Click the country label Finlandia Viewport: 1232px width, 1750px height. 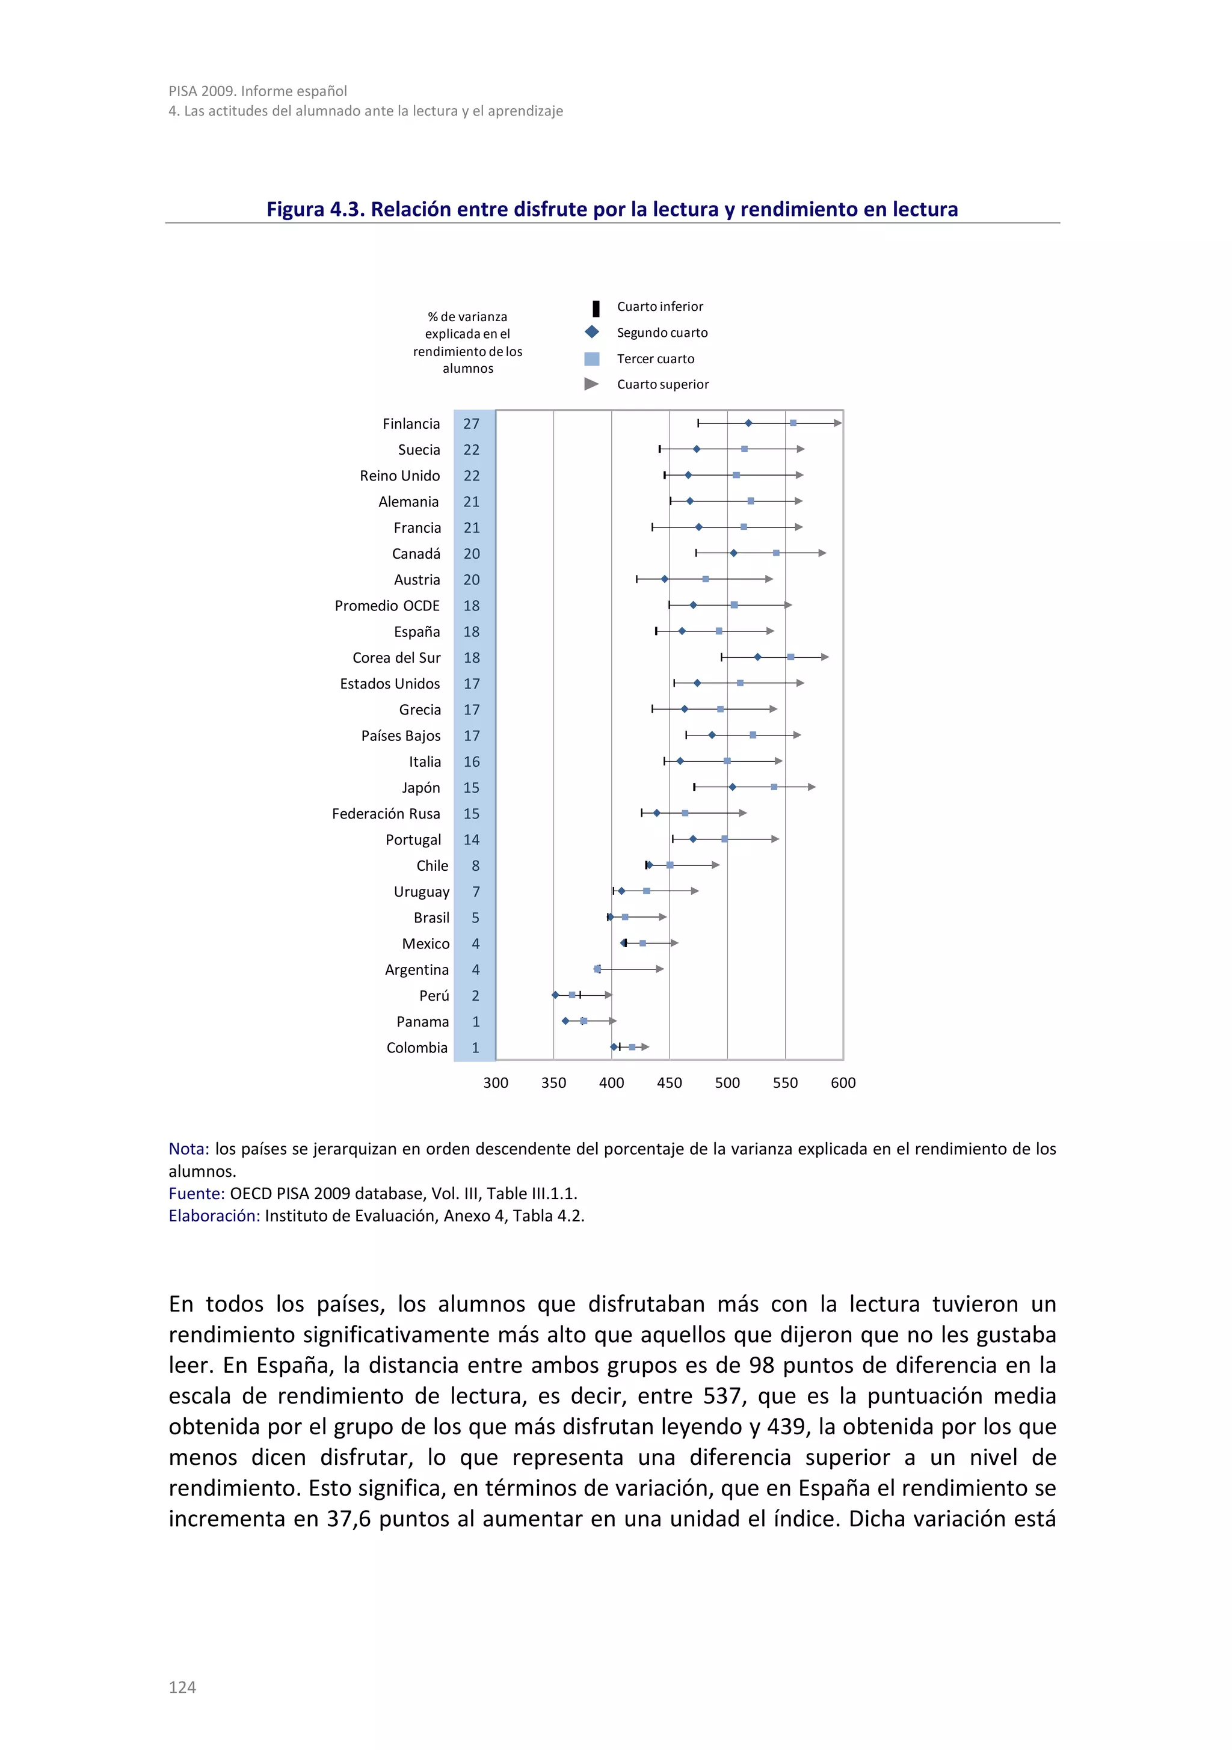coord(411,424)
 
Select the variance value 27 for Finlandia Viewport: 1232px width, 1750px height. coord(471,424)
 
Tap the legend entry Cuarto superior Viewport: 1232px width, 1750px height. coord(662,384)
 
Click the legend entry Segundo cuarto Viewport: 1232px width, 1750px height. coord(662,333)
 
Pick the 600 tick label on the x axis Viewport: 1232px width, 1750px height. coord(842,1082)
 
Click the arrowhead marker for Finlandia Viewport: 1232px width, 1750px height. coord(837,423)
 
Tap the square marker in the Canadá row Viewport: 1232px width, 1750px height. coord(776,553)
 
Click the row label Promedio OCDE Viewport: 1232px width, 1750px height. coord(387,606)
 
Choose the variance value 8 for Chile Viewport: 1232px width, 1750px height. coord(475,866)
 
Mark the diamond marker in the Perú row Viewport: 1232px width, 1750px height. coord(555,995)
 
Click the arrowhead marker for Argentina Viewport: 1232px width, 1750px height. coord(659,969)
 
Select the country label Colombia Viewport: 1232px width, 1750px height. coord(416,1048)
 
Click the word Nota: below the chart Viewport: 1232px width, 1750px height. coord(188,1149)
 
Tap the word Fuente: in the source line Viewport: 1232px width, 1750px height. coord(196,1194)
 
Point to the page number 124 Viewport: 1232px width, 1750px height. coord(182,1687)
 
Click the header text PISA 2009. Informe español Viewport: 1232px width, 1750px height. coord(257,91)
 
